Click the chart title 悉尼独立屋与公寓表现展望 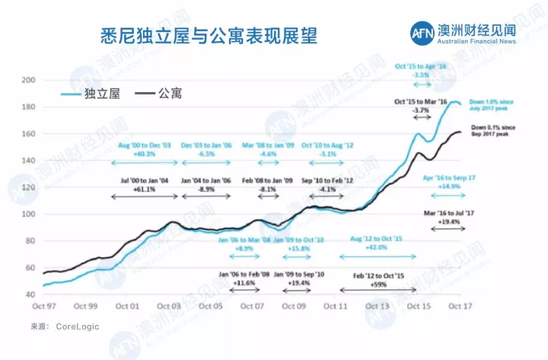(209, 35)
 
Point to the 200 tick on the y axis (29, 81)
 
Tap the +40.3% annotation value (145, 153)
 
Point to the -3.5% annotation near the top (421, 75)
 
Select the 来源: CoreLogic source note (65, 327)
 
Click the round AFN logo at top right (421, 34)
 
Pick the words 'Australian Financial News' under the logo (476, 41)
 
